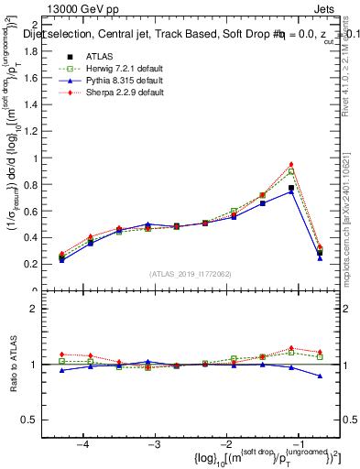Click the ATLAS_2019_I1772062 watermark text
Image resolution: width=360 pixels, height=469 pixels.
click(x=189, y=274)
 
